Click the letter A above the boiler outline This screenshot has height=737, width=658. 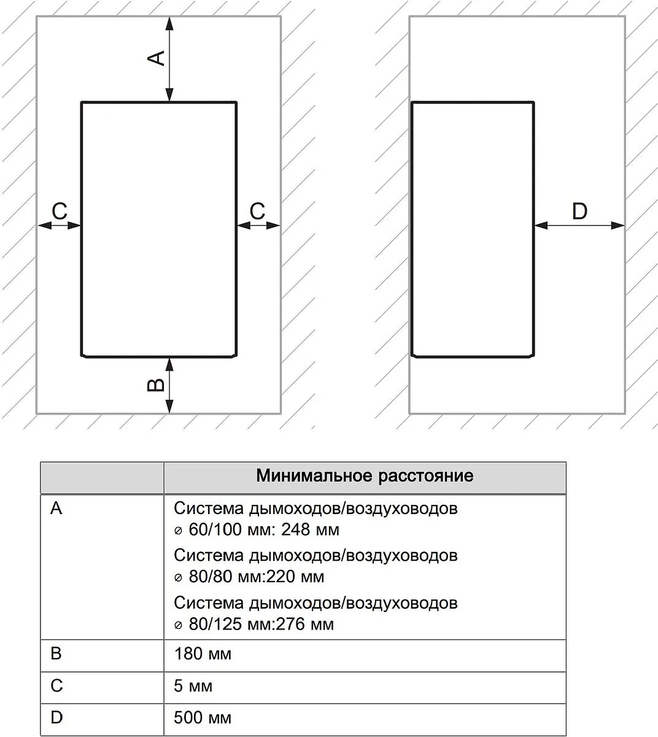coord(157,58)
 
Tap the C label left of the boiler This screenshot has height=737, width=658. coord(60,211)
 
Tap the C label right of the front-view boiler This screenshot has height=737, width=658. coord(257,211)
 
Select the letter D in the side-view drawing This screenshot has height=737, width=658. coord(579,211)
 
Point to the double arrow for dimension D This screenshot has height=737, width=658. coord(579,225)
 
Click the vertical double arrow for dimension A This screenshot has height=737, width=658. coord(169,59)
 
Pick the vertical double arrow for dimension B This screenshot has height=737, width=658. coord(169,385)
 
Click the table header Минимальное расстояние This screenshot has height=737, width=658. coord(365,475)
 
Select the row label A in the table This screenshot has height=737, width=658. coord(56,508)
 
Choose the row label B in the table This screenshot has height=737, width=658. coord(56,653)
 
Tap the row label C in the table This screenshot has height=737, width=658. coord(56,685)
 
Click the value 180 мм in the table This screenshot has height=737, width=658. coord(203,653)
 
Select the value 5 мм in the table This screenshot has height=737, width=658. coord(193,685)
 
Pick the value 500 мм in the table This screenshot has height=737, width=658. coord(203,717)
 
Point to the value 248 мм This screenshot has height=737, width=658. coord(310,529)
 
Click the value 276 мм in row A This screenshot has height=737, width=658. coord(304,624)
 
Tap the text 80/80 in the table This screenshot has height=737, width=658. coord(211,577)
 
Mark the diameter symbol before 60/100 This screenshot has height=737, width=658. coord(178,531)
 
